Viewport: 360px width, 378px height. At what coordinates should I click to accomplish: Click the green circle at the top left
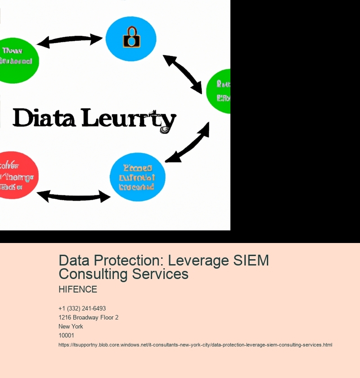pos(17,60)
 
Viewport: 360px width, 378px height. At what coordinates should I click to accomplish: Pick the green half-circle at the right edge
pos(220,91)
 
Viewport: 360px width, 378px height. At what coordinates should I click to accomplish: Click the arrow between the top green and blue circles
pos(70,40)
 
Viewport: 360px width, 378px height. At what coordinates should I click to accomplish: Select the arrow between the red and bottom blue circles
pos(73,196)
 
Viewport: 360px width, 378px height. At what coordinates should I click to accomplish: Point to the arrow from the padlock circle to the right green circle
pos(182,74)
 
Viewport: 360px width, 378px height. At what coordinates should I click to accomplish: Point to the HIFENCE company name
pos(78,289)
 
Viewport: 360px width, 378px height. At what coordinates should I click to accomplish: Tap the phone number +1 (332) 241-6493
pos(82,308)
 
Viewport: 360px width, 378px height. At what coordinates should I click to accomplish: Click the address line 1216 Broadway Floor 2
pos(88,317)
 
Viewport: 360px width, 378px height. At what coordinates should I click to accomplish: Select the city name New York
pos(71,326)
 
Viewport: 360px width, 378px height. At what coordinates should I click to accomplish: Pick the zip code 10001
pos(66,335)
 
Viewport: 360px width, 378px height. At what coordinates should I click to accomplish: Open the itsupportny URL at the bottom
pos(195,345)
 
